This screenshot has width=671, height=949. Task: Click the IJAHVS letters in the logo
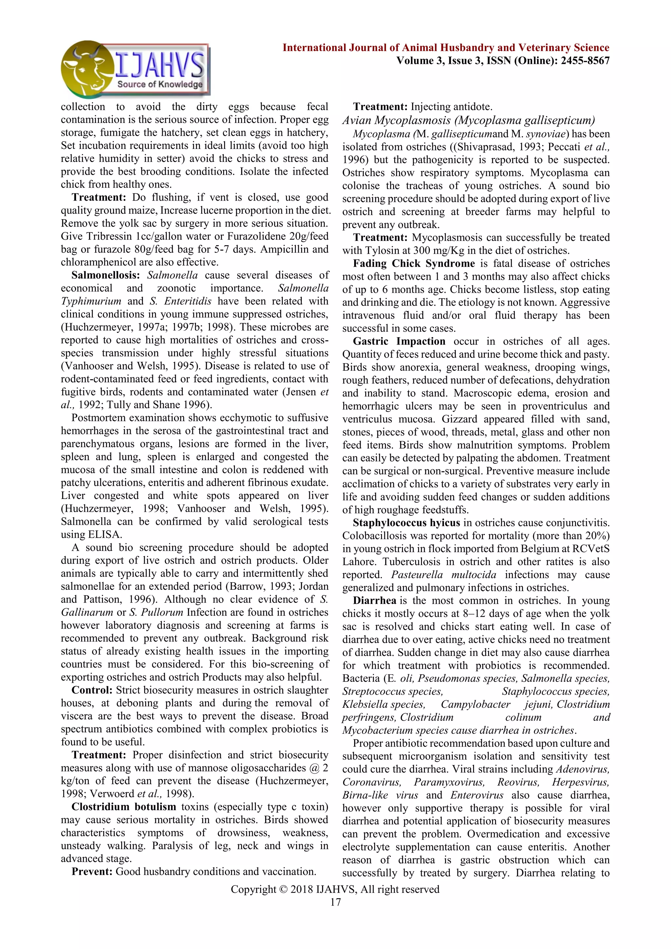(x=159, y=65)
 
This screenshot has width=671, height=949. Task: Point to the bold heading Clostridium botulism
(x=124, y=807)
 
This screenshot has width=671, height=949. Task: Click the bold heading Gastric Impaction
(x=399, y=341)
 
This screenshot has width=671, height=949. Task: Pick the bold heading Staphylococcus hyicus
(x=406, y=523)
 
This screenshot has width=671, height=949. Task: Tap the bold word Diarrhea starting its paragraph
(x=374, y=601)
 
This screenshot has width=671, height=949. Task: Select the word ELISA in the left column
(x=105, y=534)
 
